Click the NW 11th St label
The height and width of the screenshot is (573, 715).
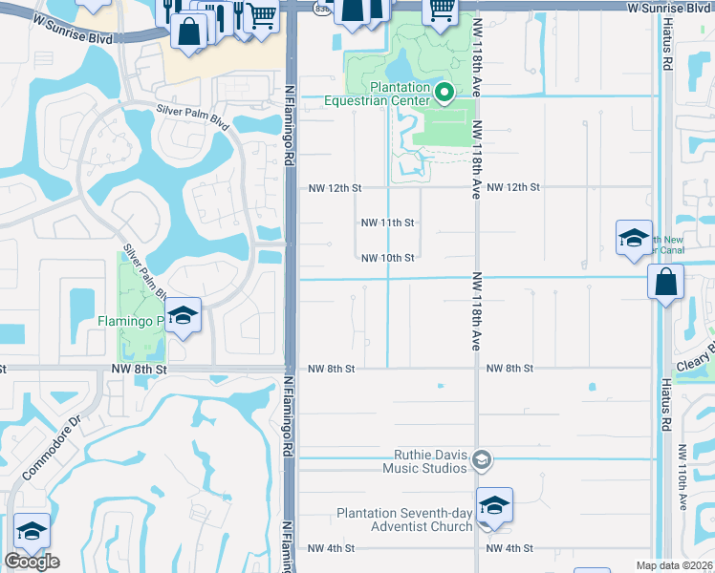(x=387, y=223)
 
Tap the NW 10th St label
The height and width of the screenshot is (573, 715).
(x=387, y=258)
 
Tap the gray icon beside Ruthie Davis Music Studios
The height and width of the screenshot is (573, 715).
(x=482, y=460)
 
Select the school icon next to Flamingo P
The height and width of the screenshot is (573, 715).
(x=182, y=315)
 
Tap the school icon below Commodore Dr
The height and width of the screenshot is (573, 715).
(x=32, y=531)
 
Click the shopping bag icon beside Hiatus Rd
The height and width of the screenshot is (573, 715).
(x=665, y=282)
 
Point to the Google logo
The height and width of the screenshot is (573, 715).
(x=32, y=561)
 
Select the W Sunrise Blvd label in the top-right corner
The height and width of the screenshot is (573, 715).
(x=670, y=8)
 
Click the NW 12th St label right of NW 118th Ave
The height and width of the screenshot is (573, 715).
(x=513, y=187)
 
